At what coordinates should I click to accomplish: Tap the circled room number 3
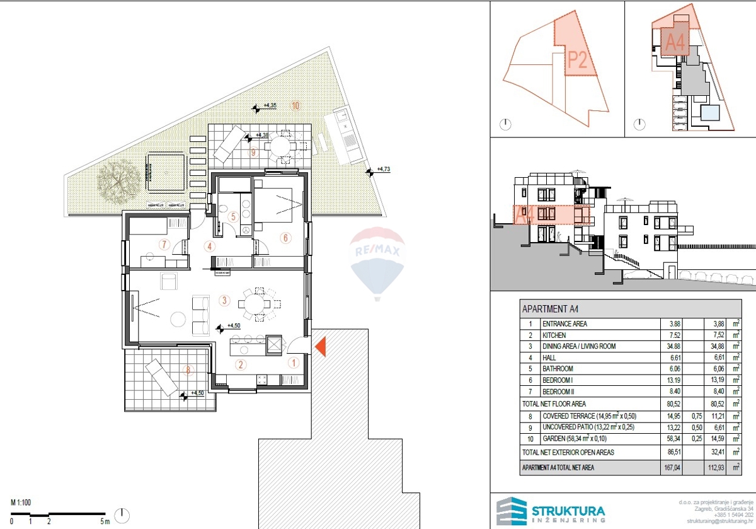click(224, 301)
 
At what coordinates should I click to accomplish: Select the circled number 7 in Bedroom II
click(165, 244)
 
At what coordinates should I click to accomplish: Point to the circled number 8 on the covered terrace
click(186, 370)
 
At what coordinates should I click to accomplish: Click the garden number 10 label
click(295, 105)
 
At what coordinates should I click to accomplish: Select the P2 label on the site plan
click(578, 59)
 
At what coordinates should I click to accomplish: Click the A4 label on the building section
click(524, 215)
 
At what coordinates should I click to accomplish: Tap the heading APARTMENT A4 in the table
click(550, 310)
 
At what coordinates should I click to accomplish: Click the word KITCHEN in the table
click(554, 335)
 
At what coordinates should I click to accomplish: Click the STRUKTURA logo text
click(569, 511)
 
